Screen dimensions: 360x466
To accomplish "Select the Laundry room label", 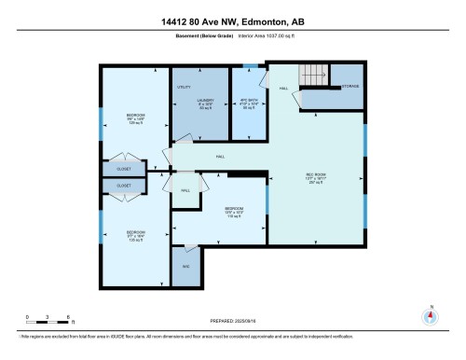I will [205, 102].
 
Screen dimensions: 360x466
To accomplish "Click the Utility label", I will [184, 87].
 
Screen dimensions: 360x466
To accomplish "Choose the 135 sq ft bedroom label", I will [137, 237].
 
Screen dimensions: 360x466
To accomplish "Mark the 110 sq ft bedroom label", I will [234, 211].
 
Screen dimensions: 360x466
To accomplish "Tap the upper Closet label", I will [124, 170].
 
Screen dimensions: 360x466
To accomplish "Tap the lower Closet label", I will [124, 187].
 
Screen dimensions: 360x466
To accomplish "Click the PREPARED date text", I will [232, 321].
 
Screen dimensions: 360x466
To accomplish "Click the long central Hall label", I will [220, 157].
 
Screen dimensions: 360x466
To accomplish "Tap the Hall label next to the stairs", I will [282, 89].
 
